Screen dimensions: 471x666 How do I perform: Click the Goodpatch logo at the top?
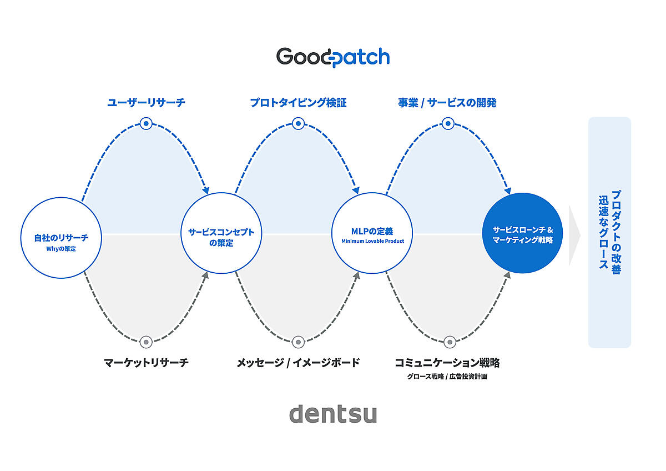(333, 57)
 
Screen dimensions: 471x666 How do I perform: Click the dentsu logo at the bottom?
(333, 414)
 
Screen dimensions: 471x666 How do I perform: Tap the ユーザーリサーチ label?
(146, 103)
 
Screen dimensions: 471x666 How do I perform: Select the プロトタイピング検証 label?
(298, 103)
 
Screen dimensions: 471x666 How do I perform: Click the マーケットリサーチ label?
(146, 363)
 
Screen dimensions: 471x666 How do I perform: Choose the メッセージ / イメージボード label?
(298, 363)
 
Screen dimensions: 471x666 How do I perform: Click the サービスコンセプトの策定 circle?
(221, 233)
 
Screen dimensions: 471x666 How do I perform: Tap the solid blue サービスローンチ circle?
(522, 233)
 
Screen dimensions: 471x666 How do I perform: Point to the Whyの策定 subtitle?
(61, 249)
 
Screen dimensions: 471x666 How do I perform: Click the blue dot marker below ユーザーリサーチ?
(146, 123)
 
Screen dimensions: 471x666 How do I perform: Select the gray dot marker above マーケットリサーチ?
(146, 342)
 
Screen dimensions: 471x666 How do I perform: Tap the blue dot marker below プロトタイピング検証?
(298, 123)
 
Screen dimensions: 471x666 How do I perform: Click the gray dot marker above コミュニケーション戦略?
(450, 342)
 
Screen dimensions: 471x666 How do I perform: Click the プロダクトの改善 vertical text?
(616, 232)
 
